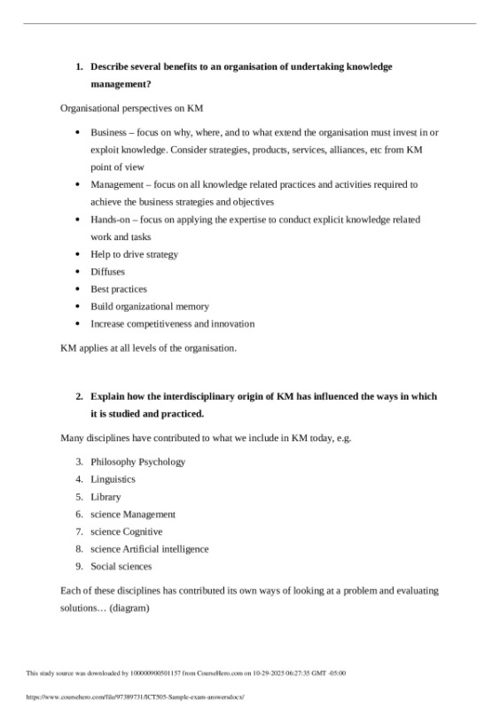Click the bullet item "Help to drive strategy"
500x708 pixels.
pos(134,254)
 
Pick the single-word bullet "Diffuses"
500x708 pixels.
pos(107,271)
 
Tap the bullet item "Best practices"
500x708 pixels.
pos(119,289)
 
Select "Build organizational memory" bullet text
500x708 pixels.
pos(150,307)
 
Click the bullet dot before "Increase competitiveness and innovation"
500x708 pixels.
pos(80,323)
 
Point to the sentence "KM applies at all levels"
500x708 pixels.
pos(148,347)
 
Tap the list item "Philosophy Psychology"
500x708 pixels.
pos(137,462)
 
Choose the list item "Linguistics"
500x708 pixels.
pos(113,479)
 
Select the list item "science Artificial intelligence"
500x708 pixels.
pos(149,549)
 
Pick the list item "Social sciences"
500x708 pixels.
pos(121,566)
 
